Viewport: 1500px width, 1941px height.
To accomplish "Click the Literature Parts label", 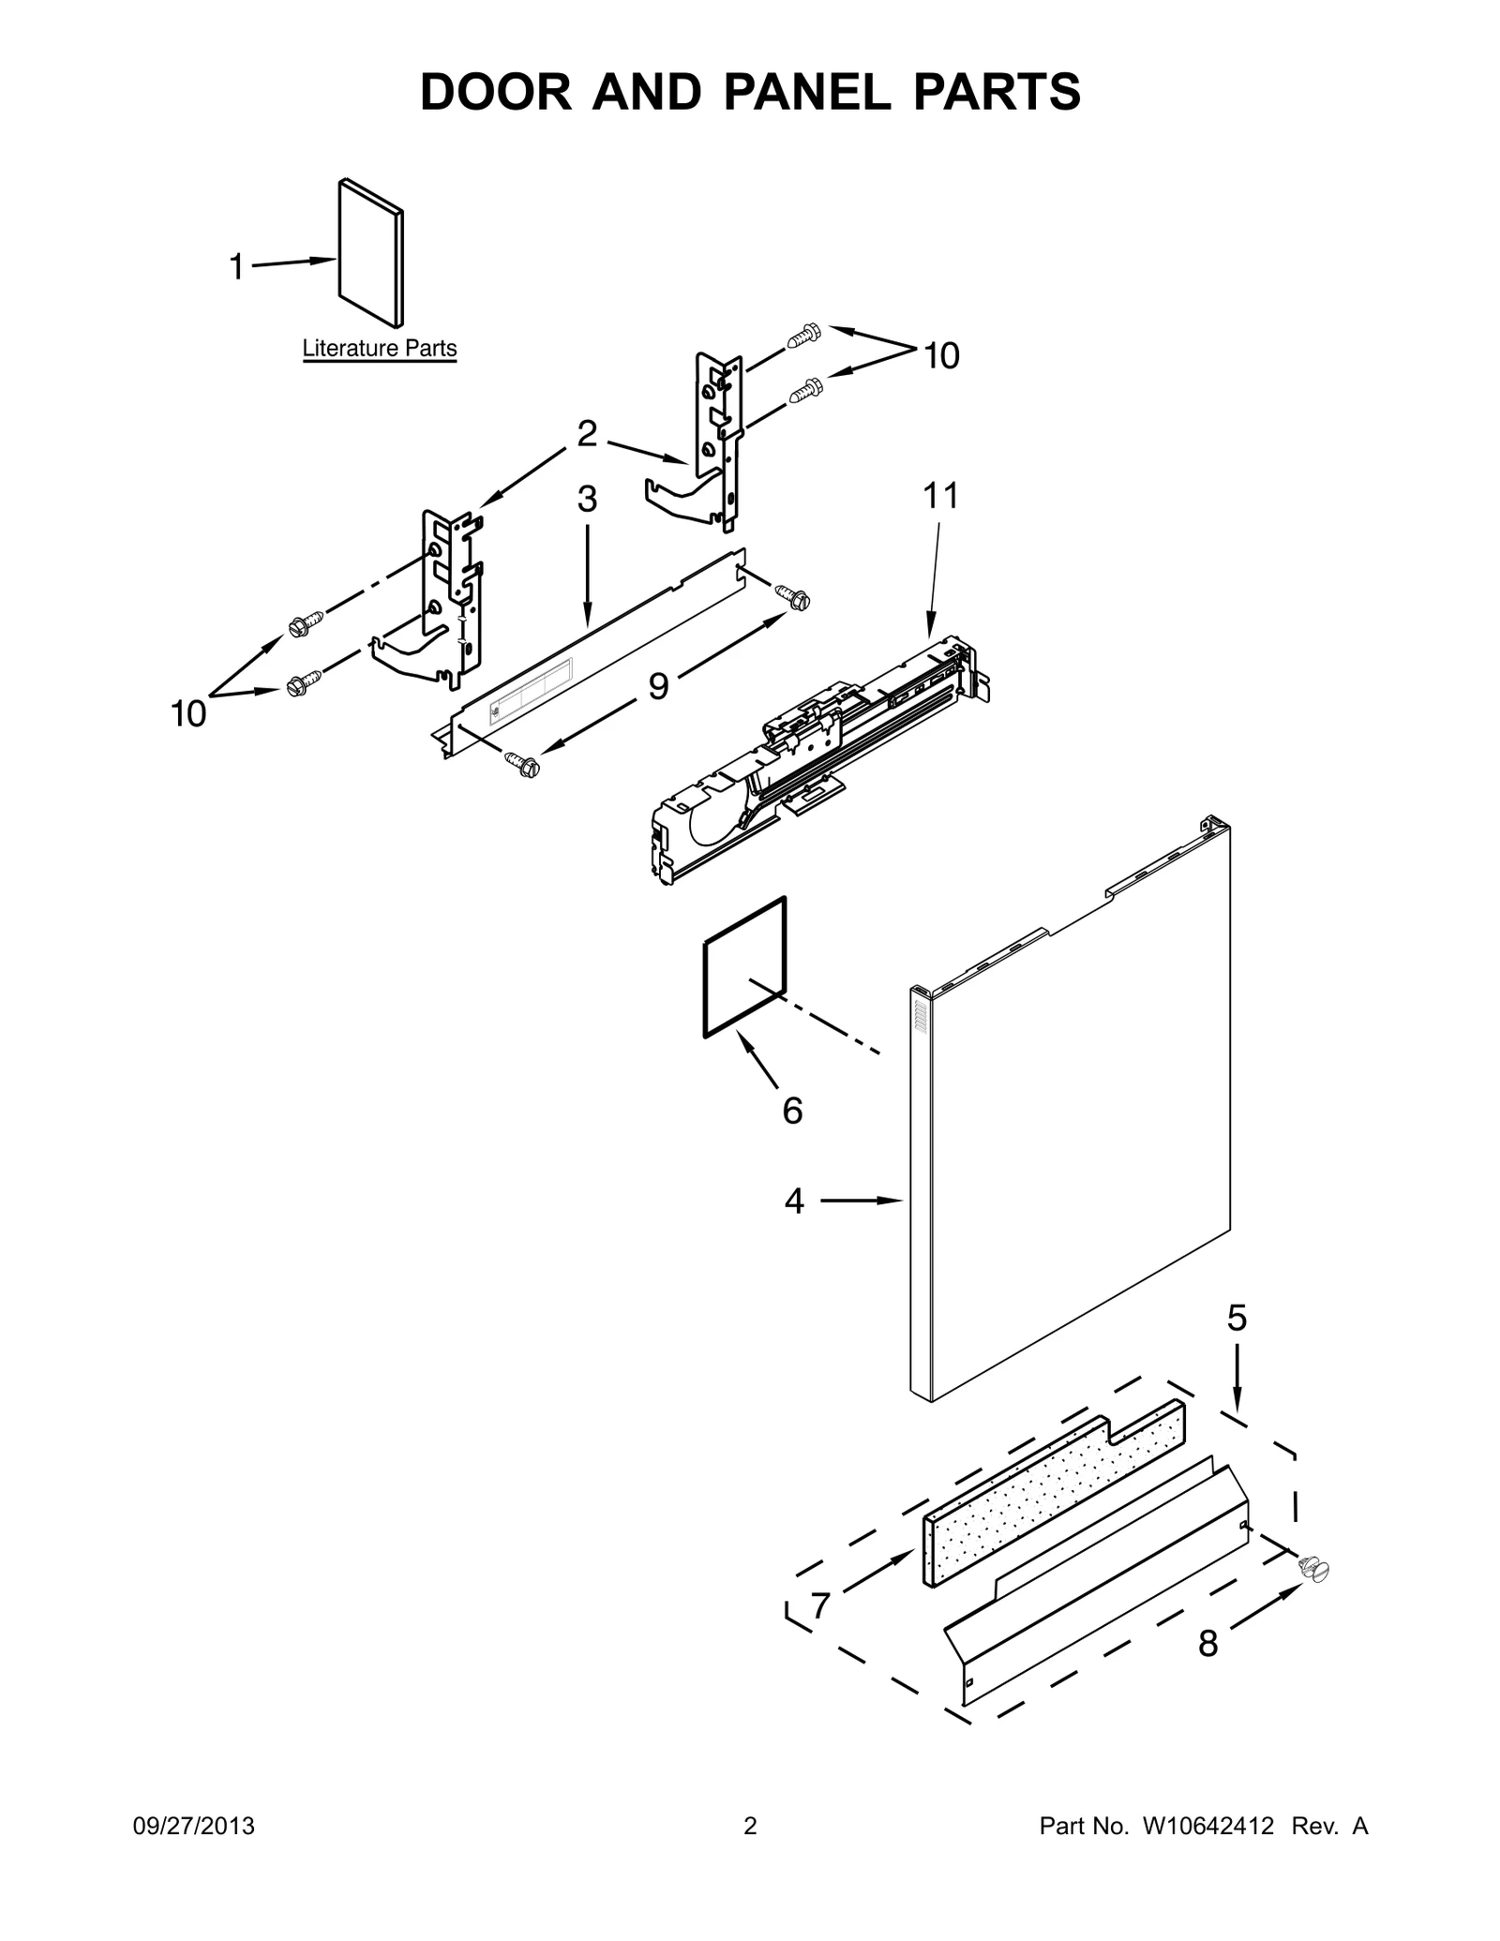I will coord(379,348).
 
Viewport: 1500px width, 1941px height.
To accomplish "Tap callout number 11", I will coord(941,496).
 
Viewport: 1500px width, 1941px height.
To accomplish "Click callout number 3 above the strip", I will coord(587,500).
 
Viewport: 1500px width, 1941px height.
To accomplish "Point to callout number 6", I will coord(792,1111).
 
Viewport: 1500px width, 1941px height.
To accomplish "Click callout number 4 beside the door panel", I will coord(794,1201).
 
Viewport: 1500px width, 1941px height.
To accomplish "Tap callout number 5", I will coord(1237,1318).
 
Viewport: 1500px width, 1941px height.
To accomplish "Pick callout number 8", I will coord(1207,1643).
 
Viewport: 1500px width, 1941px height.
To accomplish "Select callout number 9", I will coord(658,686).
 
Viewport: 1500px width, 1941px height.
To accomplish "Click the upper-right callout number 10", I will coord(941,356).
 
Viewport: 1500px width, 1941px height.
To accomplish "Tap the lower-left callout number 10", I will coord(188,714).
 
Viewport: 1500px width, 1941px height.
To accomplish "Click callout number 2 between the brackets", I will coord(587,433).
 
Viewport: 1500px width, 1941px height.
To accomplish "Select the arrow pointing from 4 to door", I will coord(861,1200).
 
